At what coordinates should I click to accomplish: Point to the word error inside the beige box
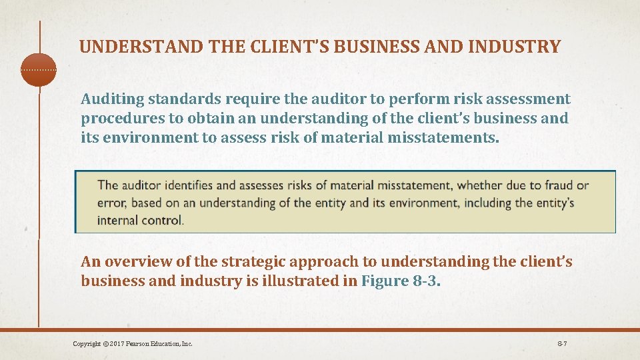point(111,203)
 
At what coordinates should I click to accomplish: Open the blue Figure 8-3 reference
point(399,281)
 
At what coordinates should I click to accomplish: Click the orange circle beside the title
point(39,70)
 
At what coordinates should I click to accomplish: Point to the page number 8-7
point(562,344)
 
